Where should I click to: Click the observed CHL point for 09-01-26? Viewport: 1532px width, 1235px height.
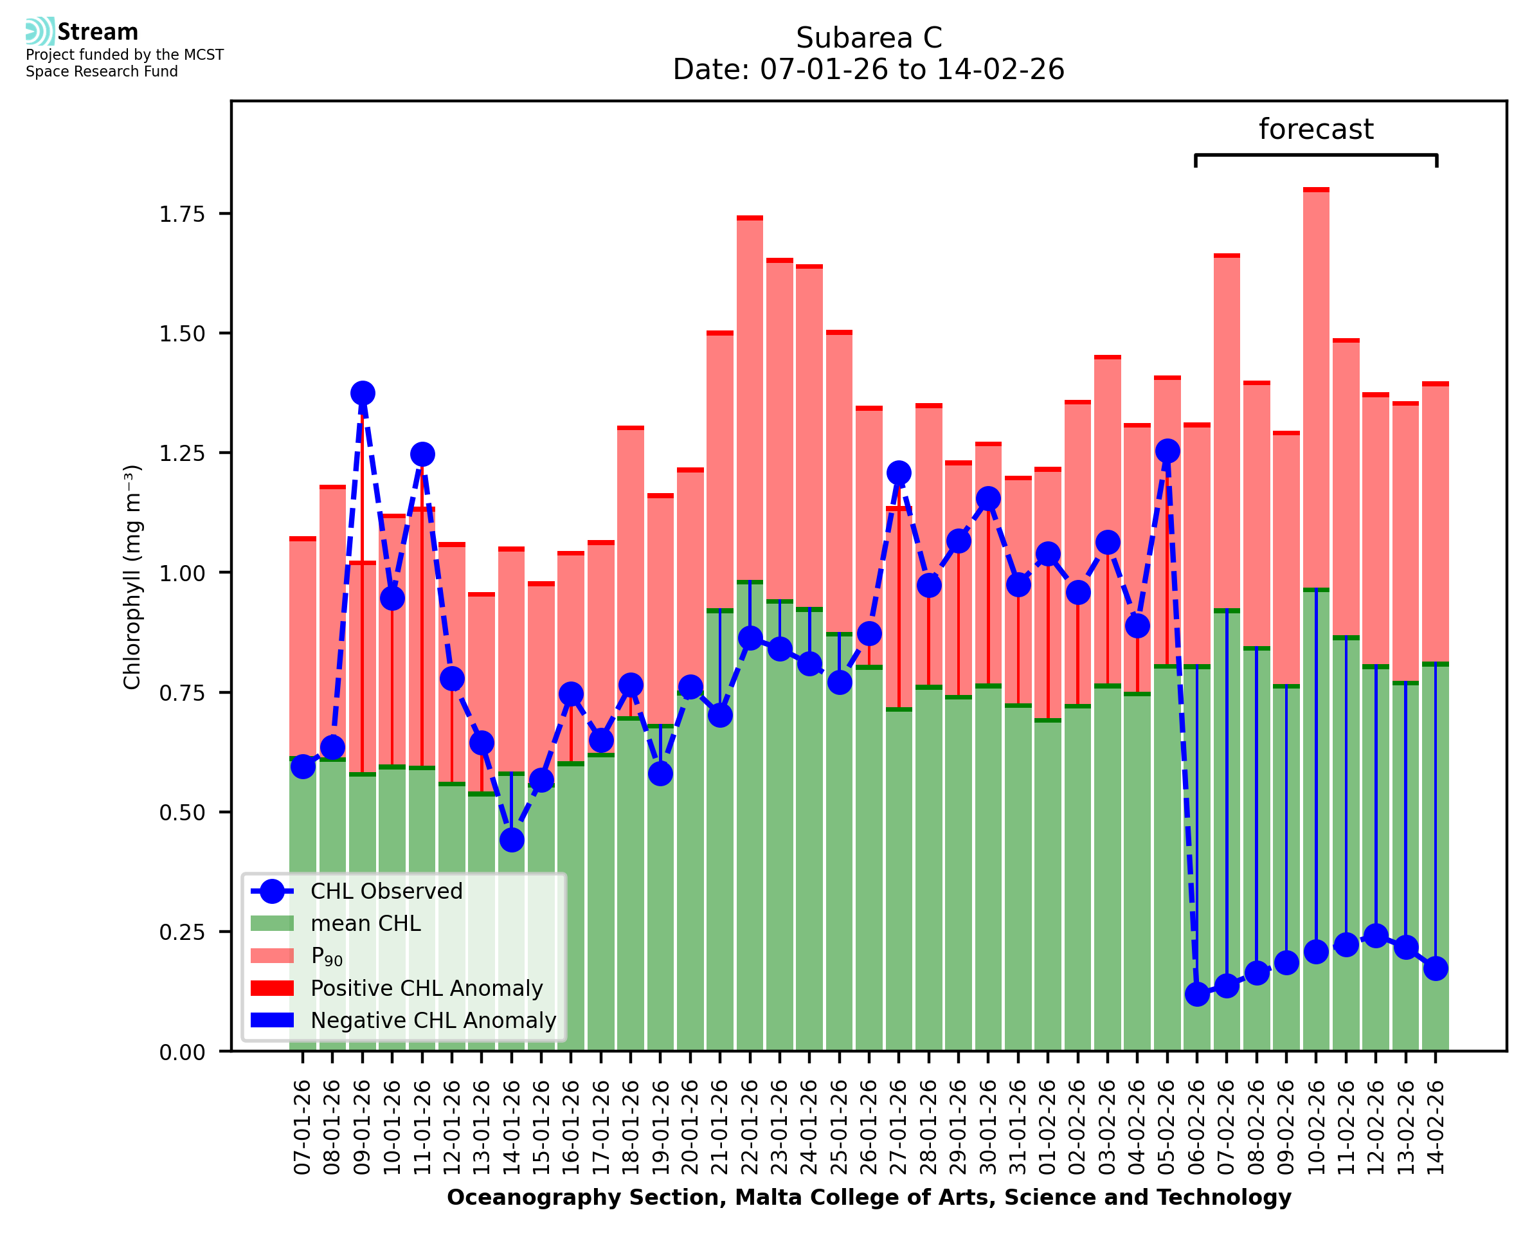pyautogui.click(x=363, y=393)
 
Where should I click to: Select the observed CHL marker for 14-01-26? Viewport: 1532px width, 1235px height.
pyautogui.click(x=511, y=840)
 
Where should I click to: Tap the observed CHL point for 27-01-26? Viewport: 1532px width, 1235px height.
pyautogui.click(x=898, y=473)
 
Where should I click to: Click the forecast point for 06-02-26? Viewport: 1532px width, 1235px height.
pyautogui.click(x=1197, y=994)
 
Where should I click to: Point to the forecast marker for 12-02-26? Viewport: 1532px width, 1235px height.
pyautogui.click(x=1376, y=935)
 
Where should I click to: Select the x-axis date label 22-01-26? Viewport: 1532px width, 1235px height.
pyautogui.click(x=750, y=1128)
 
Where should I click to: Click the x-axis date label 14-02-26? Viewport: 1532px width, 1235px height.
pyautogui.click(x=1436, y=1128)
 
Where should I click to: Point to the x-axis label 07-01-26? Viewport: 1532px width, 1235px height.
pyautogui.click(x=303, y=1128)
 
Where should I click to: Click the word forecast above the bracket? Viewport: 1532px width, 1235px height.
pyautogui.click(x=1316, y=129)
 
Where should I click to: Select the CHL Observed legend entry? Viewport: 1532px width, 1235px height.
pyautogui.click(x=386, y=892)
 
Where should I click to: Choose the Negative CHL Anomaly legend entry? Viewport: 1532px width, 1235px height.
pyautogui.click(x=433, y=1020)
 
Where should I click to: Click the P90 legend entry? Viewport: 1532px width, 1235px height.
pyautogui.click(x=327, y=956)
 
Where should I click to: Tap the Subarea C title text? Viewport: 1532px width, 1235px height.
pyautogui.click(x=869, y=38)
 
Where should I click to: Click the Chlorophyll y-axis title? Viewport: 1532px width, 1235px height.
pyautogui.click(x=132, y=577)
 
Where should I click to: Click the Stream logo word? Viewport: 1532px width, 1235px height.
pyautogui.click(x=98, y=32)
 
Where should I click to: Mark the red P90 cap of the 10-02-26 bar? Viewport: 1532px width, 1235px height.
pyautogui.click(x=1316, y=190)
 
